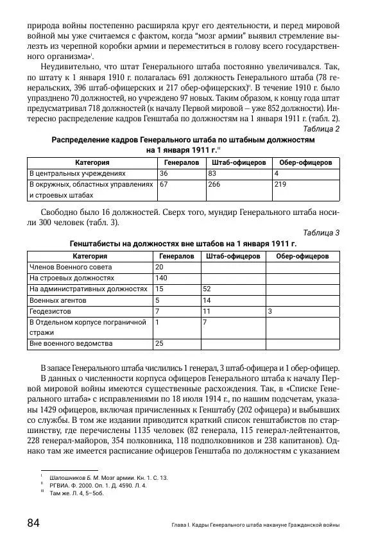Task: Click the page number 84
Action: coord(33,523)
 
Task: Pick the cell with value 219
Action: coord(280,184)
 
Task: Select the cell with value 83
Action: coord(212,173)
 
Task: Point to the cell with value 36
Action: coord(164,173)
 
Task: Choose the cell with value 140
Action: coord(161,278)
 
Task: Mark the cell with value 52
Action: coord(207,289)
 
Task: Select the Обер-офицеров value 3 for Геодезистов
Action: coord(270,310)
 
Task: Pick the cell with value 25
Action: coord(159,344)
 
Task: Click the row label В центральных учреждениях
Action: coord(76,173)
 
